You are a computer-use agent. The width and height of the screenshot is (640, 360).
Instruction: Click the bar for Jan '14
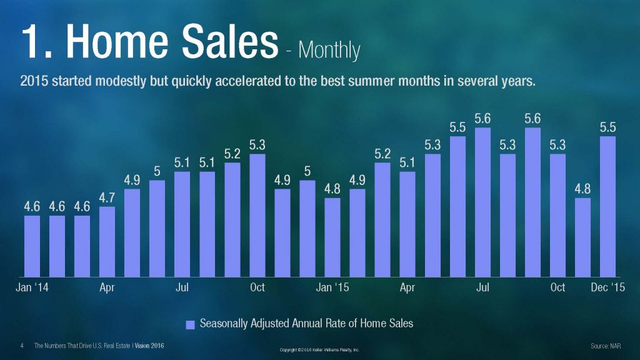pyautogui.click(x=32, y=246)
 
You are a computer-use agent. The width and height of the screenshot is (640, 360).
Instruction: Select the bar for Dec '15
pyautogui.click(x=607, y=206)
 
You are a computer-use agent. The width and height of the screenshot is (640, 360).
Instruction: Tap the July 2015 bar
pyautogui.click(x=482, y=202)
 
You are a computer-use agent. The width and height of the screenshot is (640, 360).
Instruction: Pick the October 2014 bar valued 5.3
pyautogui.click(x=257, y=215)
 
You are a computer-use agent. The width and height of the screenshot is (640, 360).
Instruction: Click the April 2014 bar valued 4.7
pyautogui.click(x=107, y=241)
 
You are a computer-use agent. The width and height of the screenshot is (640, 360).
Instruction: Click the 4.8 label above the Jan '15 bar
pyautogui.click(x=332, y=189)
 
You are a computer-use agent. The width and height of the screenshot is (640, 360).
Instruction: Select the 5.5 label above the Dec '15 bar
pyautogui.click(x=607, y=127)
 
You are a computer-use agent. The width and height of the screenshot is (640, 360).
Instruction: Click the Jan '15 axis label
pyautogui.click(x=332, y=287)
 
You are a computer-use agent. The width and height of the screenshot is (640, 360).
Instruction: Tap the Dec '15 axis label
pyautogui.click(x=607, y=287)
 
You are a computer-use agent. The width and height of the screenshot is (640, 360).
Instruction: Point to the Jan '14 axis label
pyautogui.click(x=32, y=287)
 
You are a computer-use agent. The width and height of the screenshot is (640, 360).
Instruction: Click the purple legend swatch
pyautogui.click(x=191, y=324)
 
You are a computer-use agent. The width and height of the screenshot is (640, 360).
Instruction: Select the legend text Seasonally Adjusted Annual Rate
pyautogui.click(x=306, y=324)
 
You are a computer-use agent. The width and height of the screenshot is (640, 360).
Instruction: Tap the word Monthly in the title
pyautogui.click(x=329, y=49)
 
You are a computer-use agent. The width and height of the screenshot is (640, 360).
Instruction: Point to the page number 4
pyautogui.click(x=22, y=346)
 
